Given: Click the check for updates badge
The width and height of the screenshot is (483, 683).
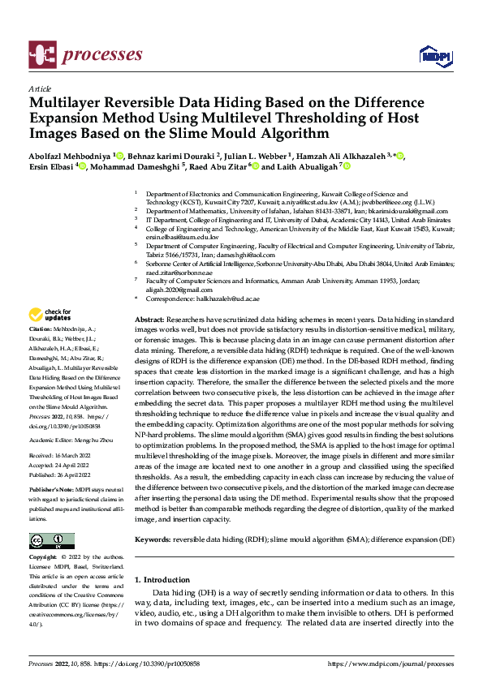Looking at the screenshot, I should (50, 315).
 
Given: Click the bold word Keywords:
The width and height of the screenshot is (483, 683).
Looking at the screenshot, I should (153, 539).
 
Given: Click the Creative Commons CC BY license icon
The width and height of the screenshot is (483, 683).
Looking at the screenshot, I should (51, 541).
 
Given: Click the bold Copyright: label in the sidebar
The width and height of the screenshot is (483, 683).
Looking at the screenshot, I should (44, 559).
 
